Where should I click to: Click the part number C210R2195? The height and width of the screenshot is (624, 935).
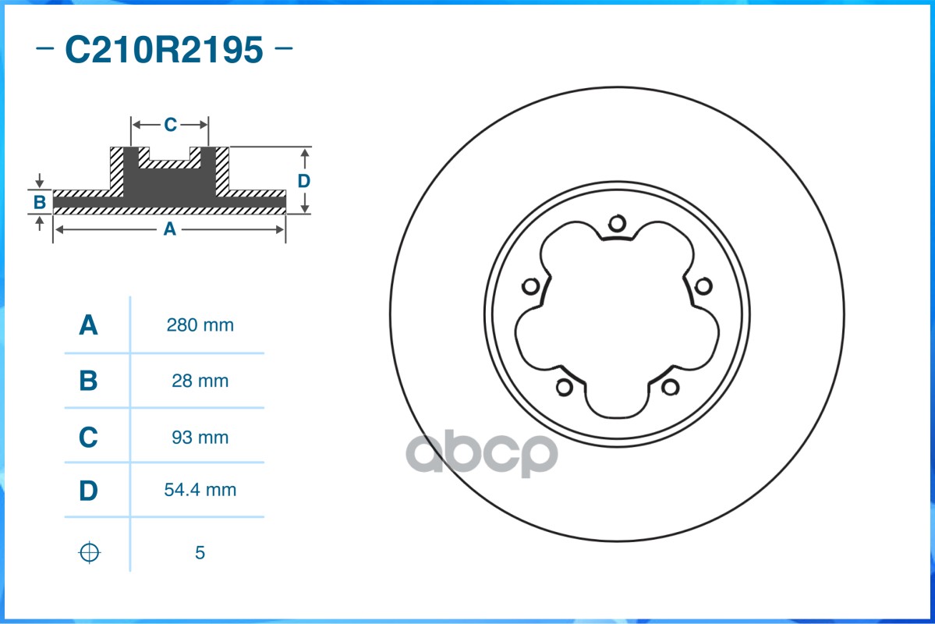pos(164,50)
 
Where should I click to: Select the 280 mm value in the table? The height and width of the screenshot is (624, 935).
pos(200,325)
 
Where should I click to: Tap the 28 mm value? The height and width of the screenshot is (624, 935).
pos(200,381)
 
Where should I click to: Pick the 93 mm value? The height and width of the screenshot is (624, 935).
pos(200,438)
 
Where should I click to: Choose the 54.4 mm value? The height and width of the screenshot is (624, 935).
pos(200,491)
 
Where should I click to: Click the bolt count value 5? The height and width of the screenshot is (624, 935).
pos(200,553)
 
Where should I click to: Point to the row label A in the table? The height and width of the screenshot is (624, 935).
pos(89,325)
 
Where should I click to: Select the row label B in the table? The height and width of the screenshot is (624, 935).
pos(89,381)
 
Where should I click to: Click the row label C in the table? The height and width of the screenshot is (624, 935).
pos(89,438)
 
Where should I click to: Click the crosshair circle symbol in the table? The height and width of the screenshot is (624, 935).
pos(90,552)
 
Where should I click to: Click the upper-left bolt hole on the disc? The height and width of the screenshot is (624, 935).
pos(530,286)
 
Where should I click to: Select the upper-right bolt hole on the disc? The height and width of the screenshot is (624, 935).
pos(703,286)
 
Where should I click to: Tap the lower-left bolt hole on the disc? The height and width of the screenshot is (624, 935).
pos(564,387)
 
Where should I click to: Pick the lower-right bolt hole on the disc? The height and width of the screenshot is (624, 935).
pos(670,387)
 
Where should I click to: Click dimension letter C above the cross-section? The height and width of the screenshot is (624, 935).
pos(170,124)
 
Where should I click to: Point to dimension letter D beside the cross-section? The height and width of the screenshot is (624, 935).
pos(304,181)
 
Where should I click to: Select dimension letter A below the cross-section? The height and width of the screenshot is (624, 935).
pos(168,229)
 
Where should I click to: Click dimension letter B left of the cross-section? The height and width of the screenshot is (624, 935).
pos(40,203)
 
